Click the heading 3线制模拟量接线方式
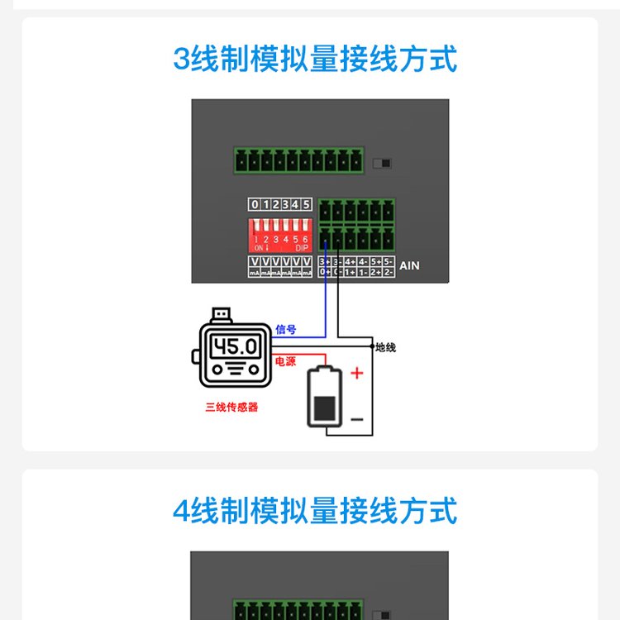[x=314, y=60]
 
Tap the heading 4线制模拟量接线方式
[x=314, y=511]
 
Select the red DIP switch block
[x=280, y=236]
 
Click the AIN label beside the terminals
[x=409, y=266]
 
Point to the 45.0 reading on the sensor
[x=236, y=346]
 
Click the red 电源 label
[x=285, y=362]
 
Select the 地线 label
[x=386, y=347]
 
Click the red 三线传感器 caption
[x=231, y=407]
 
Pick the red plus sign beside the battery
[x=357, y=374]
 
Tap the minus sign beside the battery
[x=357, y=420]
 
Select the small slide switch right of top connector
[x=381, y=163]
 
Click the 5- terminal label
[x=389, y=261]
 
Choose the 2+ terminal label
[x=376, y=271]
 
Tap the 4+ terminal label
[x=351, y=261]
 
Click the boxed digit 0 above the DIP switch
[x=255, y=204]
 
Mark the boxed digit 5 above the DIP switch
[x=306, y=204]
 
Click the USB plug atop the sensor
[x=221, y=315]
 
